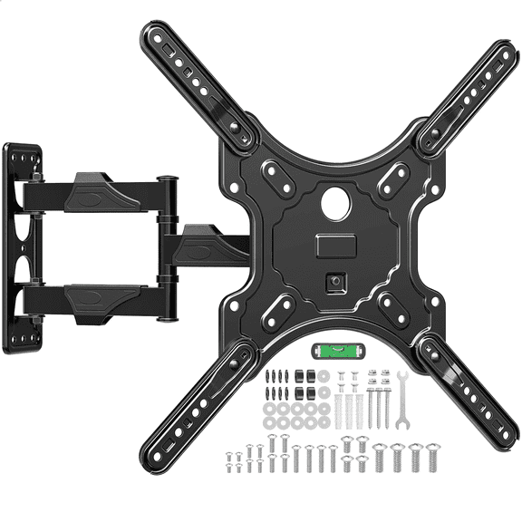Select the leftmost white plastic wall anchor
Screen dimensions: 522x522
pyautogui.click(x=338, y=399)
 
